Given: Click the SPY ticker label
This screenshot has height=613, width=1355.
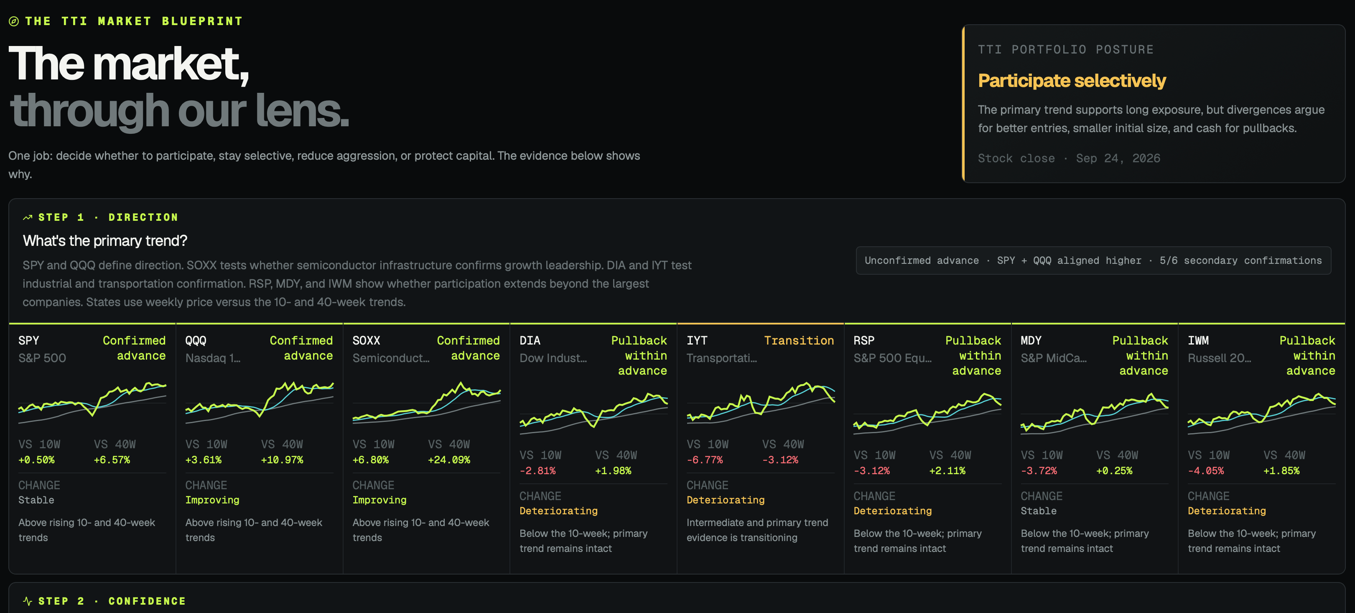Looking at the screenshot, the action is click(28, 340).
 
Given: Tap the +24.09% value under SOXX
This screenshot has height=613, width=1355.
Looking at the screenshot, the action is click(449, 460).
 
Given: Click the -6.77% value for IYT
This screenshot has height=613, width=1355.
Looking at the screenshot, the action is click(704, 460).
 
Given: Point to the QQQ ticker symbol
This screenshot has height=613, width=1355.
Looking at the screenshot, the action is click(196, 340).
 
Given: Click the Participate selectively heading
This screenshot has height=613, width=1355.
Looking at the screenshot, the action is click(1072, 81).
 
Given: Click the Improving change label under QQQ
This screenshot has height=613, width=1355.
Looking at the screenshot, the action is click(212, 500).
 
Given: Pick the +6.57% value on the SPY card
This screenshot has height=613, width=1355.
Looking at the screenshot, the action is click(112, 460).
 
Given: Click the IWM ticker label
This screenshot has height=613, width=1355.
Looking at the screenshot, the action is click(1198, 340).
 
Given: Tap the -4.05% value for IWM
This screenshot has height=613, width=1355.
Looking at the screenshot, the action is click(1206, 471).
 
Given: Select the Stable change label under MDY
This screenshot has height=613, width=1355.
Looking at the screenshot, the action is click(1038, 511).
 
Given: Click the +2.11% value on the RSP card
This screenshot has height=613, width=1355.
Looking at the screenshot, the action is click(947, 471).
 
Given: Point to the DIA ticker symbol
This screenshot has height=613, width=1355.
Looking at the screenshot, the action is click(530, 340).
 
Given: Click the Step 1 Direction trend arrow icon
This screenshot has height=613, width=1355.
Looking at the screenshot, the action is click(27, 217).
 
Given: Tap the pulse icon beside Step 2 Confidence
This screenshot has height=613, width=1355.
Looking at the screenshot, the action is click(27, 601).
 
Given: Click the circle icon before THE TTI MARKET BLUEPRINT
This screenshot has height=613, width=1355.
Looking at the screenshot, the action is click(14, 22).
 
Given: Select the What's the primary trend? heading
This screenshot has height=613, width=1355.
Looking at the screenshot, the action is click(104, 240).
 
